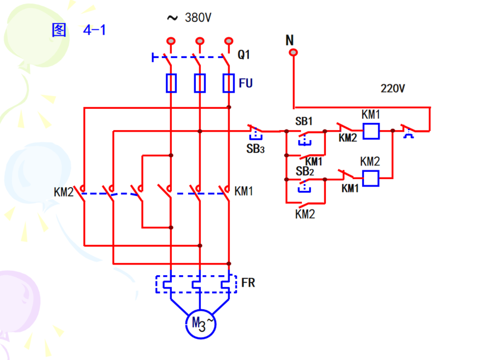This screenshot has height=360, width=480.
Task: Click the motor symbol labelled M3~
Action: click(x=200, y=323)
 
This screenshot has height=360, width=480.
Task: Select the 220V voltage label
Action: click(x=392, y=88)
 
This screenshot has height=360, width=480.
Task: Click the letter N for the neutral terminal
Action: click(x=289, y=40)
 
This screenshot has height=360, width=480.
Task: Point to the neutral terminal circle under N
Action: click(x=293, y=53)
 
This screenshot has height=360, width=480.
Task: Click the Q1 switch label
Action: click(x=244, y=55)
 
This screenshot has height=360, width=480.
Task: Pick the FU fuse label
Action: click(x=246, y=84)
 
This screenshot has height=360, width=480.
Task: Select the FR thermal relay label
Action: click(x=248, y=283)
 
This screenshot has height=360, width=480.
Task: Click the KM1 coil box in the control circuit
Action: click(x=371, y=131)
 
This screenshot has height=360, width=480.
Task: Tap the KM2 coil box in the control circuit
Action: click(x=371, y=179)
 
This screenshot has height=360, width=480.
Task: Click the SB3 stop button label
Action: click(x=255, y=148)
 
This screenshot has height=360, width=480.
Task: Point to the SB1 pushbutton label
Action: click(x=304, y=121)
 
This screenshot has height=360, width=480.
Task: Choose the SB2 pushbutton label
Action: click(x=305, y=171)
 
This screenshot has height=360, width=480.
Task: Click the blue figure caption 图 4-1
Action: click(x=79, y=30)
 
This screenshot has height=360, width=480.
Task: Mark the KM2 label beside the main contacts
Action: click(x=64, y=193)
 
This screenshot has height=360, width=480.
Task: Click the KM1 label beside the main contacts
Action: click(x=244, y=191)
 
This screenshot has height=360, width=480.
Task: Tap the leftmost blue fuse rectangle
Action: click(x=171, y=83)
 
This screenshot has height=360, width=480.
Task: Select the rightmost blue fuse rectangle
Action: click(x=228, y=83)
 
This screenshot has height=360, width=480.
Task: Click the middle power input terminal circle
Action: click(x=199, y=41)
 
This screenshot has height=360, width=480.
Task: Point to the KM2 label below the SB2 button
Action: click(x=305, y=214)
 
